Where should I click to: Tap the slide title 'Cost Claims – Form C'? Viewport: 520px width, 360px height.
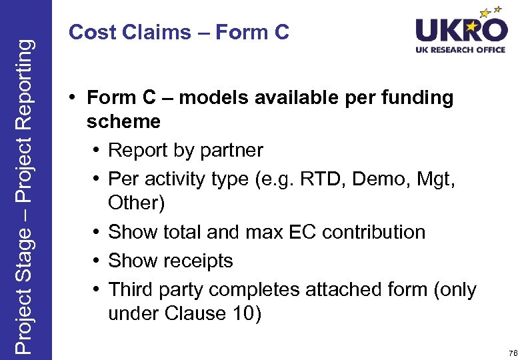click(179, 32)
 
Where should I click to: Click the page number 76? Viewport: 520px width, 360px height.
click(512, 353)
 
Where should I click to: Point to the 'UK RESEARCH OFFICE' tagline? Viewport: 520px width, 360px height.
click(461, 49)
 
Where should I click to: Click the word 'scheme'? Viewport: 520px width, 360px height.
click(123, 122)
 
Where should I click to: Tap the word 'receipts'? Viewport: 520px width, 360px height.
click(199, 261)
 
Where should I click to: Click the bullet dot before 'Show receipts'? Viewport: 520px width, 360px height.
click(97, 261)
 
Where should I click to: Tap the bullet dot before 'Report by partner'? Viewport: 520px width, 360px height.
click(97, 151)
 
